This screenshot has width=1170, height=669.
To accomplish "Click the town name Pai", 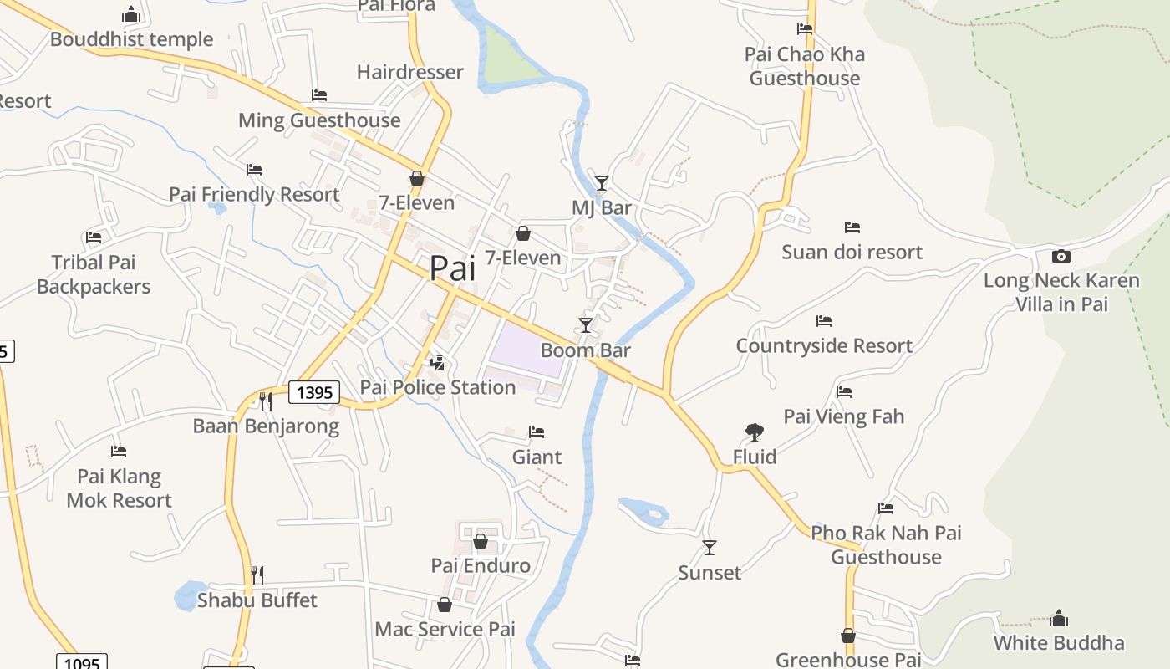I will [452, 268].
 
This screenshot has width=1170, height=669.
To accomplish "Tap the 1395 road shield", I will [314, 391].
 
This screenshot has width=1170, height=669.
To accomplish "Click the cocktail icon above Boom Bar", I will [586, 324].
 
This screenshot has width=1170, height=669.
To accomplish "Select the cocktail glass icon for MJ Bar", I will [601, 182].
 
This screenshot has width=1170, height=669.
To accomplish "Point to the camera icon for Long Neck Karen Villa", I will [1061, 256].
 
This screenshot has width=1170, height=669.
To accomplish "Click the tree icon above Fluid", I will [754, 432].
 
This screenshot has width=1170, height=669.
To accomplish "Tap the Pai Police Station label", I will [437, 387].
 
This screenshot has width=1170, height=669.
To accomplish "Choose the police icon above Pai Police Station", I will [436, 362].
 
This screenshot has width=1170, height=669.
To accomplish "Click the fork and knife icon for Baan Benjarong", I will [266, 401].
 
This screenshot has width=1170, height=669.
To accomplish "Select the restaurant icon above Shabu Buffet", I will [257, 575].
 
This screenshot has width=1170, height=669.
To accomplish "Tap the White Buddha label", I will [1058, 642].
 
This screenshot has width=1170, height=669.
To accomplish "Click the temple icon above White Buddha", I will [1059, 618].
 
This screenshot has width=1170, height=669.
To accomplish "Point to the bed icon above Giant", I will [537, 432].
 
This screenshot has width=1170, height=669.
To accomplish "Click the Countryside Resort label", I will [823, 345].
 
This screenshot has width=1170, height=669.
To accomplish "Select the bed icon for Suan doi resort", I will [852, 227].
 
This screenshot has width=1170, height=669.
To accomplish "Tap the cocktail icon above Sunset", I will [710, 548].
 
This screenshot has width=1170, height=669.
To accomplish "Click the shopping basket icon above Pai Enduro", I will [481, 541].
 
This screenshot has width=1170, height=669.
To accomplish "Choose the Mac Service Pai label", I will [445, 629].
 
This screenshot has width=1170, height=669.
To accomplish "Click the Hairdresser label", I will [409, 72].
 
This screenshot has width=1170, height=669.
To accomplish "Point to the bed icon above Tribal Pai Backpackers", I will [94, 237].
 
